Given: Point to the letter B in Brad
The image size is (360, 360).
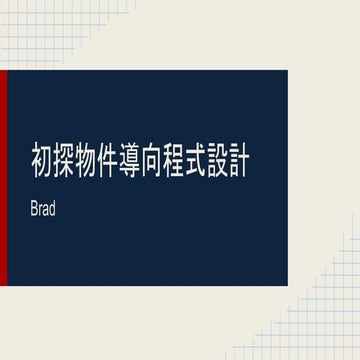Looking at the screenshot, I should [x=35, y=212].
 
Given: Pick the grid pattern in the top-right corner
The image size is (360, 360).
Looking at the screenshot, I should [x=330, y=25].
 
